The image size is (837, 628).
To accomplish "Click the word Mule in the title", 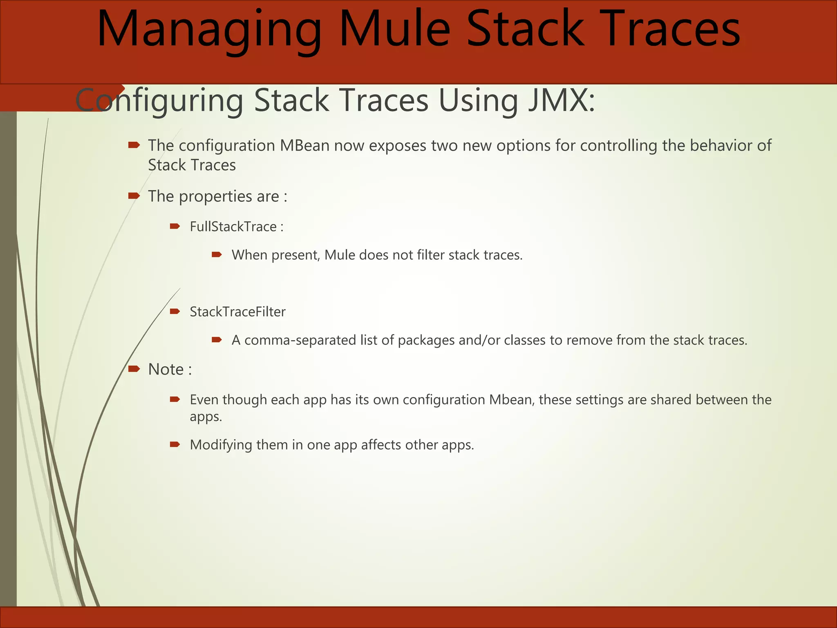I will pyautogui.click(x=394, y=29).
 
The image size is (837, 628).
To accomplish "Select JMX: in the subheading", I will pyautogui.click(x=562, y=100).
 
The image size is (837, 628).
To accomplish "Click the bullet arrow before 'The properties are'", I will pyautogui.click(x=134, y=196).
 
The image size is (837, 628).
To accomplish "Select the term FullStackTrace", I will pyautogui.click(x=233, y=227).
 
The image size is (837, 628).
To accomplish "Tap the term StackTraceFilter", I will pyautogui.click(x=237, y=312).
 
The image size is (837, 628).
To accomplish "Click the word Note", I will pyautogui.click(x=166, y=369).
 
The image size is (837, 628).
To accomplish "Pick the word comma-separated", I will pyautogui.click(x=300, y=340).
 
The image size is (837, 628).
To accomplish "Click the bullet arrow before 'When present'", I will pyautogui.click(x=217, y=255).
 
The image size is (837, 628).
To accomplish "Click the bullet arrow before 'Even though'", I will pyautogui.click(x=175, y=399).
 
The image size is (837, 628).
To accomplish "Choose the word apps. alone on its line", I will pyautogui.click(x=206, y=417).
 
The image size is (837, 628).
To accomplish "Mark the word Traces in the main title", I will pyautogui.click(x=671, y=29).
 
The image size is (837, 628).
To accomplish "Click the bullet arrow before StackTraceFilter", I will pyautogui.click(x=175, y=312).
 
